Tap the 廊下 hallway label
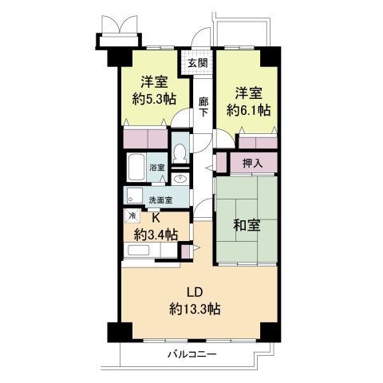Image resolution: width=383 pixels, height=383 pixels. [x=203, y=107]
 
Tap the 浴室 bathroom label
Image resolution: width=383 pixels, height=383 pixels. [x=157, y=168]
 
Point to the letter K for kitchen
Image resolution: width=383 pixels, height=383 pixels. [x=157, y=217]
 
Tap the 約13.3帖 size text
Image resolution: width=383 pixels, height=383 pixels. [x=194, y=309]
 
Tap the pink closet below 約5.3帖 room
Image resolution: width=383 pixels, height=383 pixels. [x=145, y=136]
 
